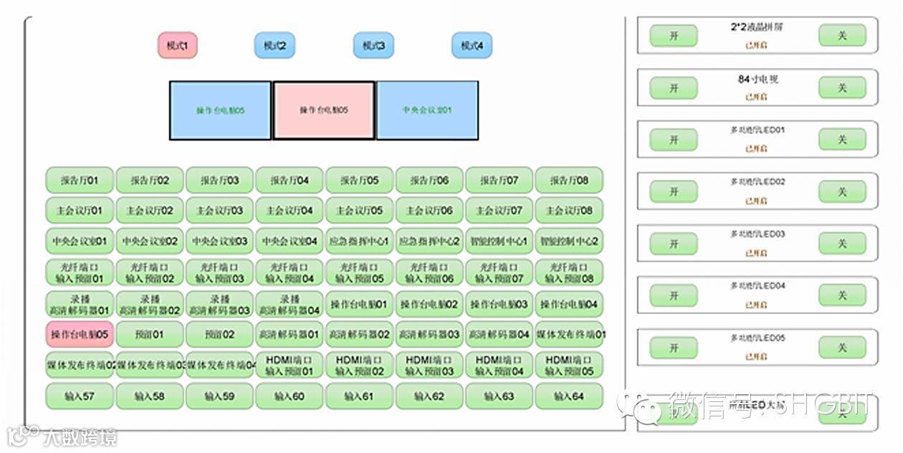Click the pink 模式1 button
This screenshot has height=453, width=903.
[177, 46]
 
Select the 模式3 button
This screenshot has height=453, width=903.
[373, 46]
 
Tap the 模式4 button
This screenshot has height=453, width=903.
[472, 46]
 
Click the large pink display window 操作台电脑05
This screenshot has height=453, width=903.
[324, 110]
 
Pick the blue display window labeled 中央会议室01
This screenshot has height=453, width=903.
[427, 110]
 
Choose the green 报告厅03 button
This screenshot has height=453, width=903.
[219, 181]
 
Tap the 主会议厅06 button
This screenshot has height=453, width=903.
[429, 211]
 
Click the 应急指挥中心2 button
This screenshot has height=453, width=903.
[429, 242]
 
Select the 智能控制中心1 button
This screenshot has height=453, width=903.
[499, 242]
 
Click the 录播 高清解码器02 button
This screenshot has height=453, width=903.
[149, 304]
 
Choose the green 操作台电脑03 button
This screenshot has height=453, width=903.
[499, 304]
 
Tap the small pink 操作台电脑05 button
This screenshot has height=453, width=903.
[80, 334]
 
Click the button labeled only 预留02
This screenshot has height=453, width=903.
[219, 334]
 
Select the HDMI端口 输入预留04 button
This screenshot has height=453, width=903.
[499, 365]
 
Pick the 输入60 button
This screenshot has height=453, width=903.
[289, 396]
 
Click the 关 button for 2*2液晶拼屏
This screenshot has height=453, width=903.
[842, 35]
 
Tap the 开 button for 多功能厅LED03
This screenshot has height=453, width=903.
[674, 244]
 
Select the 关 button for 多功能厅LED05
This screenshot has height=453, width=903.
[842, 348]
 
